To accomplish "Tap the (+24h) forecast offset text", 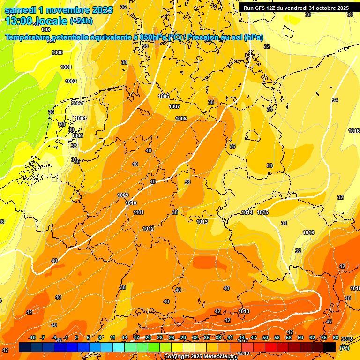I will [81, 21].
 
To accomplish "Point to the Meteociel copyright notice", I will [200, 357].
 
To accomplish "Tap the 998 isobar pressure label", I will [46, 43].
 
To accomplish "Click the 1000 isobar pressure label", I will [57, 53].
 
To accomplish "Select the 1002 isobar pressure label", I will [71, 81].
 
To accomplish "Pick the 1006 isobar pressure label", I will [164, 96].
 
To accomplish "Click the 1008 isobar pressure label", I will [181, 119].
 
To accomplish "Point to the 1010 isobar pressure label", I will [131, 203].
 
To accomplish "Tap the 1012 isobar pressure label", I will [148, 229].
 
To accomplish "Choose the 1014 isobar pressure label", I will [247, 212].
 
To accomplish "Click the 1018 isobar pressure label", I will [354, 288].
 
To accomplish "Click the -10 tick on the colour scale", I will [32, 338].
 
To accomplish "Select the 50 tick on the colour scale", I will [265, 338].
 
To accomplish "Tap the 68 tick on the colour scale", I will [336, 338].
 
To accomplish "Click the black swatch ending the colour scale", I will [330, 347].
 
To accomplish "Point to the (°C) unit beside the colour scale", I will [344, 348].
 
